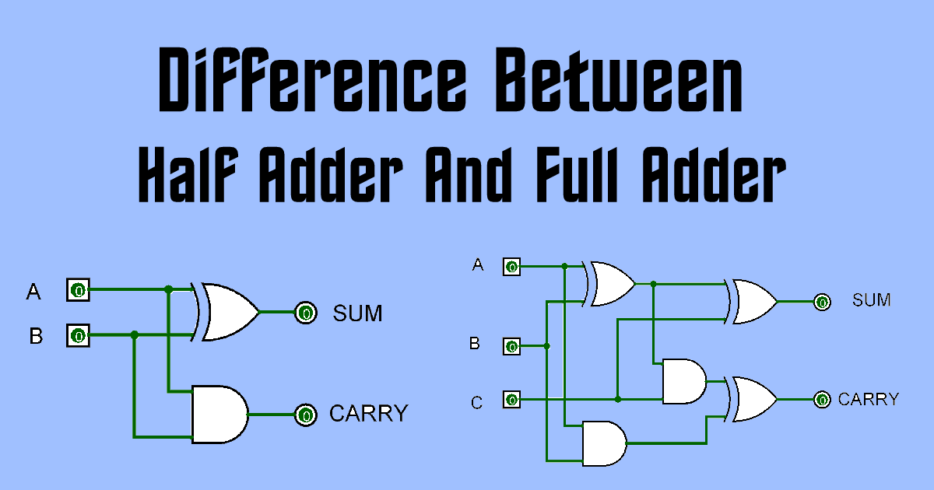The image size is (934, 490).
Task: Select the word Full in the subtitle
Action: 579,176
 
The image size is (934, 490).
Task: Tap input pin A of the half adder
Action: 78,291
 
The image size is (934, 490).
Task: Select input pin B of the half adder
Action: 78,336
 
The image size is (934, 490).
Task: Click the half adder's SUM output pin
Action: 306,313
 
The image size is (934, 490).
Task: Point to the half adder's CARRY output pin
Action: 306,415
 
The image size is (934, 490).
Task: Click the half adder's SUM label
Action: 358,313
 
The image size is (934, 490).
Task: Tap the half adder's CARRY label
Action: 368,414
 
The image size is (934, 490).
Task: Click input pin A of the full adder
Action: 511,267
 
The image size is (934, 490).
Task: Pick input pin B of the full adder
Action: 511,346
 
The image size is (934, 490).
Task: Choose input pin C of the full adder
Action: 511,400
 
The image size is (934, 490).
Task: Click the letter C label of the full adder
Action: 477,402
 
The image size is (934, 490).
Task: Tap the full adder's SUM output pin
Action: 821,302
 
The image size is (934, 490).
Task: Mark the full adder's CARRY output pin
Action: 821,400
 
